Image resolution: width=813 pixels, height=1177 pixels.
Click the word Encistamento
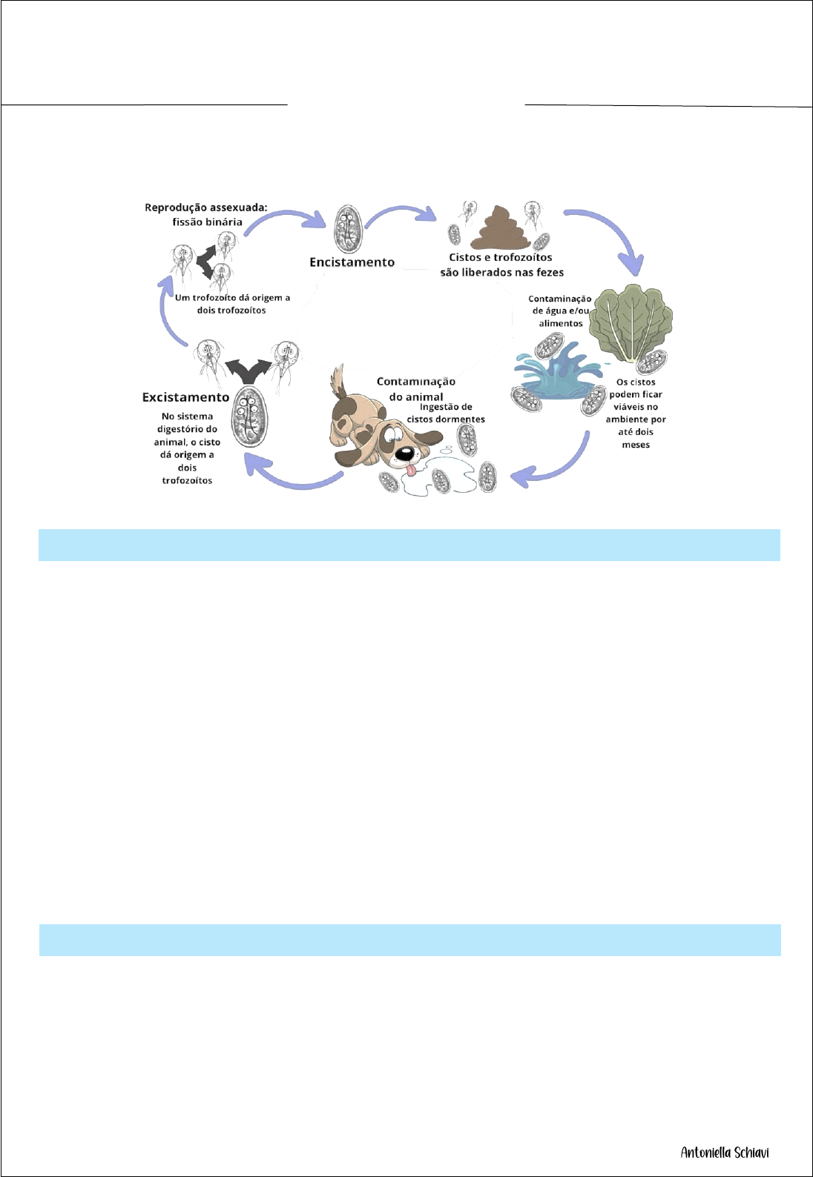(x=352, y=262)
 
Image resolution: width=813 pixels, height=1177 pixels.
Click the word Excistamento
(x=185, y=397)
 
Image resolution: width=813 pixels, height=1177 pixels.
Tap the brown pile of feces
(x=503, y=230)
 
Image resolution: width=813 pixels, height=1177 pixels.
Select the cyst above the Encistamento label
(x=346, y=228)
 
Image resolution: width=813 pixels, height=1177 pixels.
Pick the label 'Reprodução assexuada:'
(x=205, y=208)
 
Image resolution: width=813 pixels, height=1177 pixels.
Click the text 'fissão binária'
(x=207, y=222)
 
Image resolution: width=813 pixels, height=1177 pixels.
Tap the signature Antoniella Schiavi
(x=725, y=1153)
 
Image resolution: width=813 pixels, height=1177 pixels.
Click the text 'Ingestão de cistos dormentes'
(x=446, y=413)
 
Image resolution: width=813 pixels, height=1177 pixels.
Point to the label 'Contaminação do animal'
(x=415, y=388)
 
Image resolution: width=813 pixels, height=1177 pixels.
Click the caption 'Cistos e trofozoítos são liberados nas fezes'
(x=501, y=265)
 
